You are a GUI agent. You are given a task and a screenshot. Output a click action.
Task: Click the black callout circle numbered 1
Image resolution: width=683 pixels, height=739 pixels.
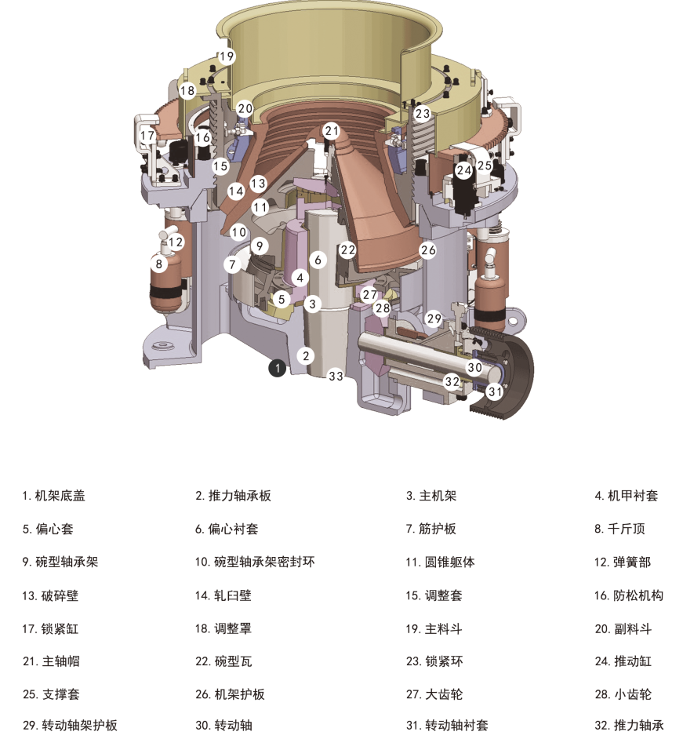[x=277, y=366]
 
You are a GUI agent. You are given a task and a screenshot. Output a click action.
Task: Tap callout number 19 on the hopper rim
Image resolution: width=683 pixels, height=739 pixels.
[x=227, y=56]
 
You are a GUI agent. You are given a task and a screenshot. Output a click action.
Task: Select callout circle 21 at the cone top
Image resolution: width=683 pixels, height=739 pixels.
[x=332, y=131]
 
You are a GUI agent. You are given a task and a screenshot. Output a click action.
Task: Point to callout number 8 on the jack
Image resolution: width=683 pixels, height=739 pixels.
[x=159, y=264]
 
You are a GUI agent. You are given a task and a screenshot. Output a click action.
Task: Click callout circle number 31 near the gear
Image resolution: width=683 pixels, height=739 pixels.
[x=495, y=390]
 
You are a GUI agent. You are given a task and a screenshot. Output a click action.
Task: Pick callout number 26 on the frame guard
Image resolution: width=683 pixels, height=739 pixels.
[x=427, y=250]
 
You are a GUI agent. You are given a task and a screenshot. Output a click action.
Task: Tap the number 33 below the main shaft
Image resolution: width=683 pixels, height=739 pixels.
[x=336, y=377]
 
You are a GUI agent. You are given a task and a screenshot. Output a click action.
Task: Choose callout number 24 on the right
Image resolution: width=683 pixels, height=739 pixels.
[x=464, y=169]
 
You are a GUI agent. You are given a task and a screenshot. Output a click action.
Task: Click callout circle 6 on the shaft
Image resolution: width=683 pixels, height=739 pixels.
[x=318, y=260]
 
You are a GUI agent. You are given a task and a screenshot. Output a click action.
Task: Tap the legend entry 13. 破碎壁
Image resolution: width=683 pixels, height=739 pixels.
[x=50, y=595]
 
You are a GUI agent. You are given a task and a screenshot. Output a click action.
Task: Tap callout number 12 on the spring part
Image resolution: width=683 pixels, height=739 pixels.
[x=176, y=242]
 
